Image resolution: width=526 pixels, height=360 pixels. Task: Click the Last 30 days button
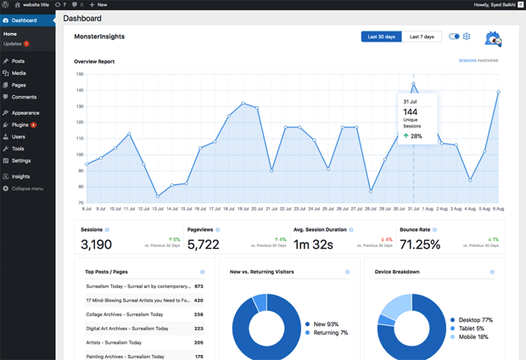[x=381, y=37]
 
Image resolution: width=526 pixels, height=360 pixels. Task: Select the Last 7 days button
[x=422, y=37]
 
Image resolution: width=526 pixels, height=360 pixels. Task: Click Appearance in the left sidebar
[x=25, y=112]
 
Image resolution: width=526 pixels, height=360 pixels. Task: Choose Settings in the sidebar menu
[x=21, y=160]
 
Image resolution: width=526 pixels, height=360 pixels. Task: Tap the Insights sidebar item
[x=20, y=177]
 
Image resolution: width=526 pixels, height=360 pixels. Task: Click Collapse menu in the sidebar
[x=27, y=188]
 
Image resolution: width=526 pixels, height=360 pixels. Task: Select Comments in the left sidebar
[x=24, y=97]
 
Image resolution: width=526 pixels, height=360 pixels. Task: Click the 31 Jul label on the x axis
[x=412, y=208]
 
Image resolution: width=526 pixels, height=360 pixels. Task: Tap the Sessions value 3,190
[x=96, y=245]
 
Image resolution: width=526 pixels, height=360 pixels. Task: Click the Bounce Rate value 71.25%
[x=419, y=245]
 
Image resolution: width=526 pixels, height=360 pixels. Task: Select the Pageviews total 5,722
[x=204, y=245]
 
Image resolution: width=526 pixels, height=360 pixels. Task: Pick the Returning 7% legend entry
[x=330, y=333]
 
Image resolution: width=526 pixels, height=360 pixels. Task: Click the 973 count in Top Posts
[x=199, y=287]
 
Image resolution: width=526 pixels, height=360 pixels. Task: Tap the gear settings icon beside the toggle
[x=467, y=37]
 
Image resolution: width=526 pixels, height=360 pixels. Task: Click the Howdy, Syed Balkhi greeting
[x=495, y=5]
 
